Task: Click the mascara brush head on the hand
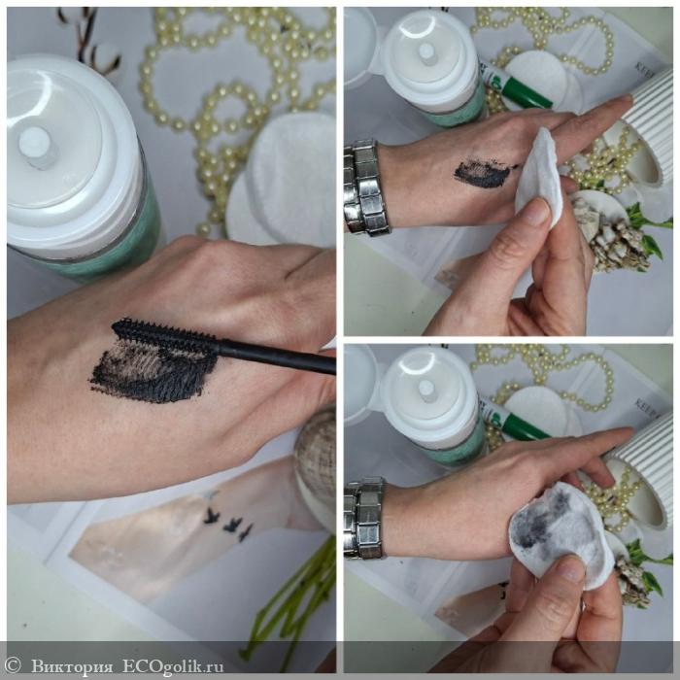(x=165, y=333)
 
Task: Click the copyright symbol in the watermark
(x=13, y=665)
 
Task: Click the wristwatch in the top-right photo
(x=366, y=187)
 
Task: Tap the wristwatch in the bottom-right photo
(x=364, y=518)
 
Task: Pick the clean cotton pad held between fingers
(x=539, y=177)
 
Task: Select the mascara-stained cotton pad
(x=561, y=534)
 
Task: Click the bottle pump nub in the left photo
(x=37, y=146)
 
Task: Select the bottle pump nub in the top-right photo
(x=427, y=53)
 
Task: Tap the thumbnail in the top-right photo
(x=537, y=211)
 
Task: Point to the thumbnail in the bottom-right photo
(x=570, y=569)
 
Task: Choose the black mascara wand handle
(x=278, y=357)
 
